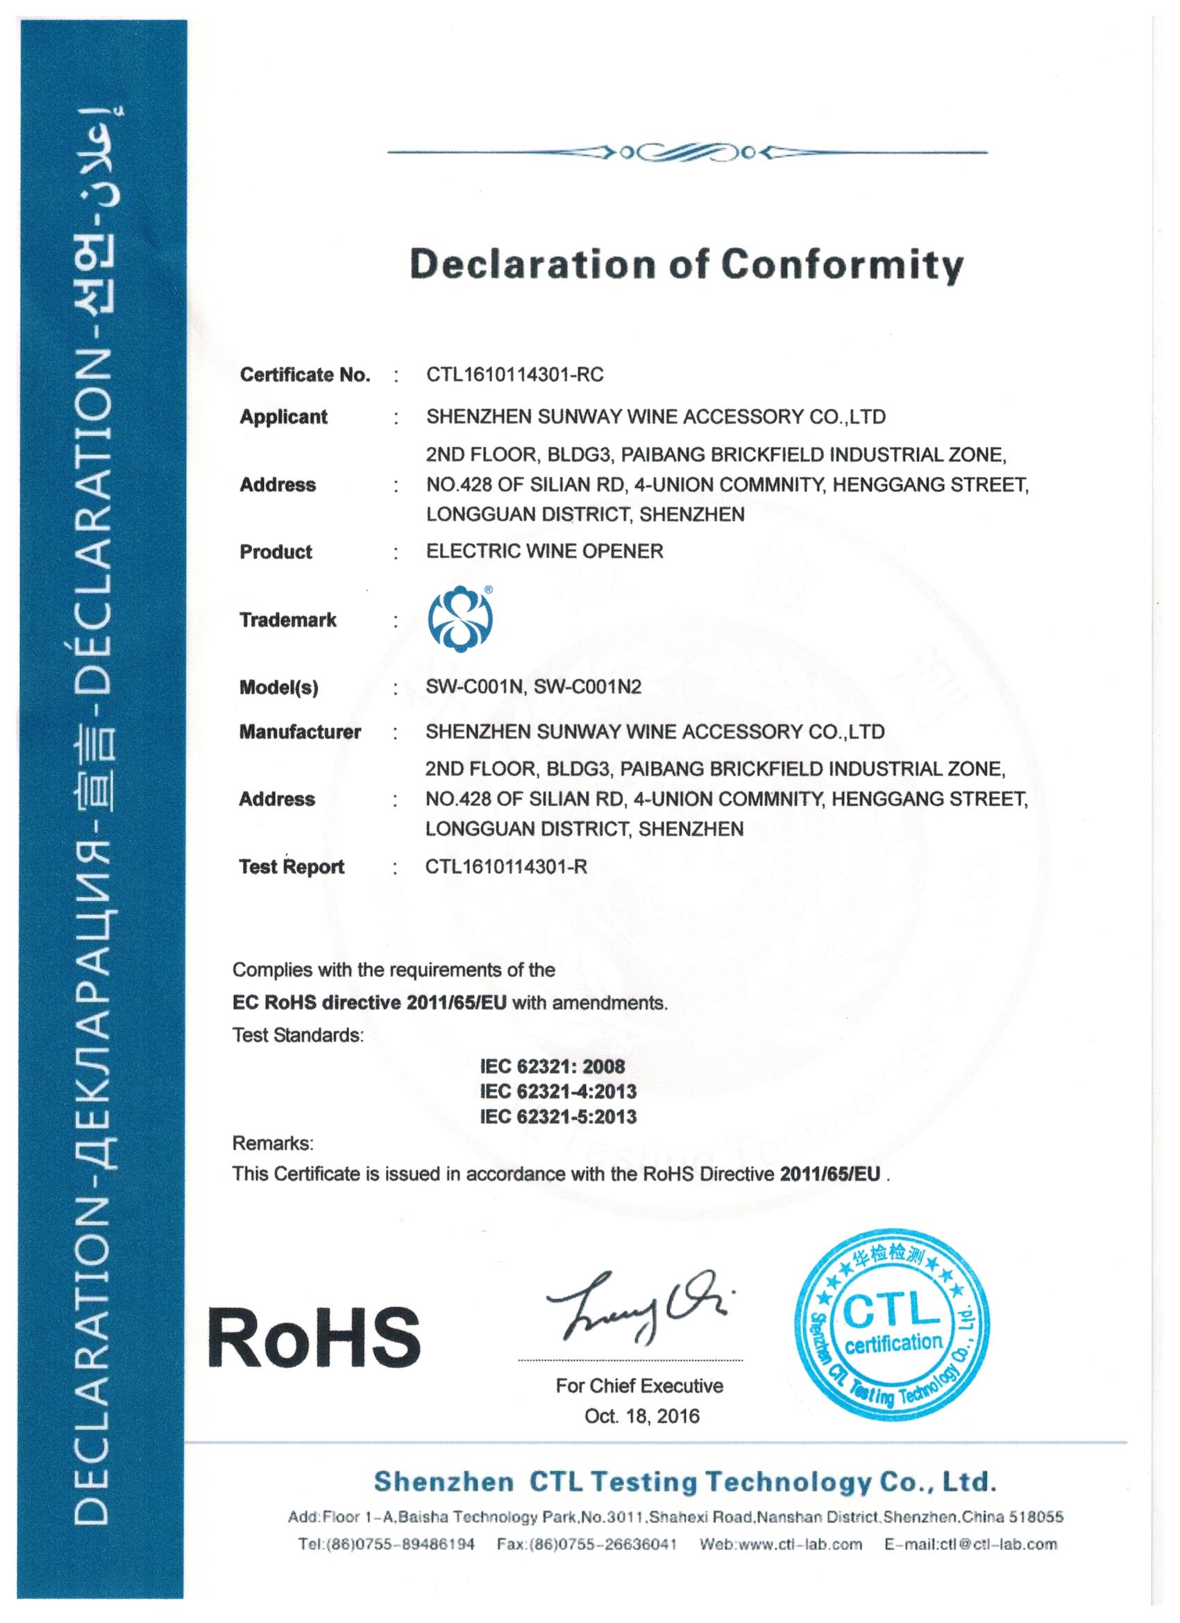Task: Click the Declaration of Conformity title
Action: point(686,264)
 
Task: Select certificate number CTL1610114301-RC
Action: point(514,375)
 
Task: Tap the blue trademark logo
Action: point(460,620)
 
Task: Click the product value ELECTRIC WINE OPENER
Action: point(545,551)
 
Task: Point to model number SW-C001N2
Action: point(587,687)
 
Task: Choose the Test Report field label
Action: point(292,867)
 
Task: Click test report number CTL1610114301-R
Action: point(506,867)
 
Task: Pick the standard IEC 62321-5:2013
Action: point(558,1116)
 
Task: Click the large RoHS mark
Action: point(315,1337)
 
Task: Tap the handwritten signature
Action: point(637,1306)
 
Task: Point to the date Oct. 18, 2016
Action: point(642,1416)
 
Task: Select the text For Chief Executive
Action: point(639,1386)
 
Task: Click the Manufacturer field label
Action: point(300,732)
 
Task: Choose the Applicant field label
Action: point(283,417)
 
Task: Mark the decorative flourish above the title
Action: point(686,153)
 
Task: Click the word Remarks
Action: point(273,1143)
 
